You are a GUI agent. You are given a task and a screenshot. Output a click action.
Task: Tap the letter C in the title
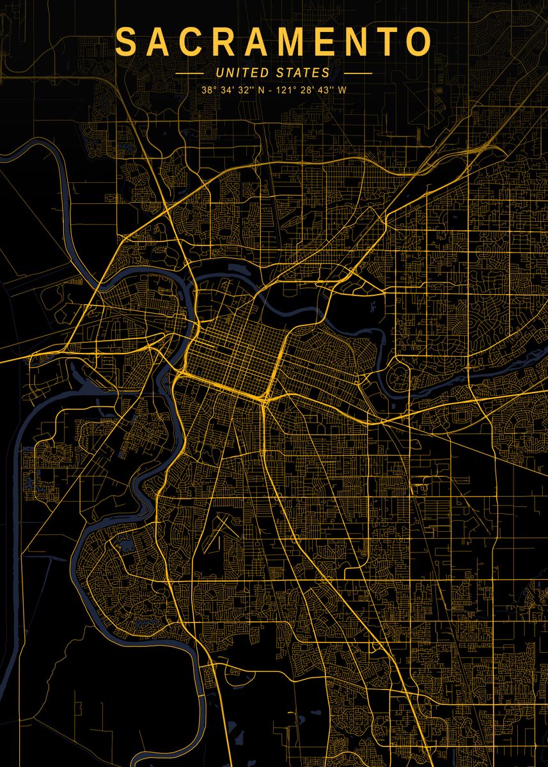(198, 43)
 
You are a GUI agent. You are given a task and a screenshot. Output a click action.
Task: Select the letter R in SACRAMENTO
(233, 43)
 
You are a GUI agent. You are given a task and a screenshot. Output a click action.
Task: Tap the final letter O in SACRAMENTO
(419, 43)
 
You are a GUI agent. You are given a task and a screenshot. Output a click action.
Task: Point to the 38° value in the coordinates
(209, 90)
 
